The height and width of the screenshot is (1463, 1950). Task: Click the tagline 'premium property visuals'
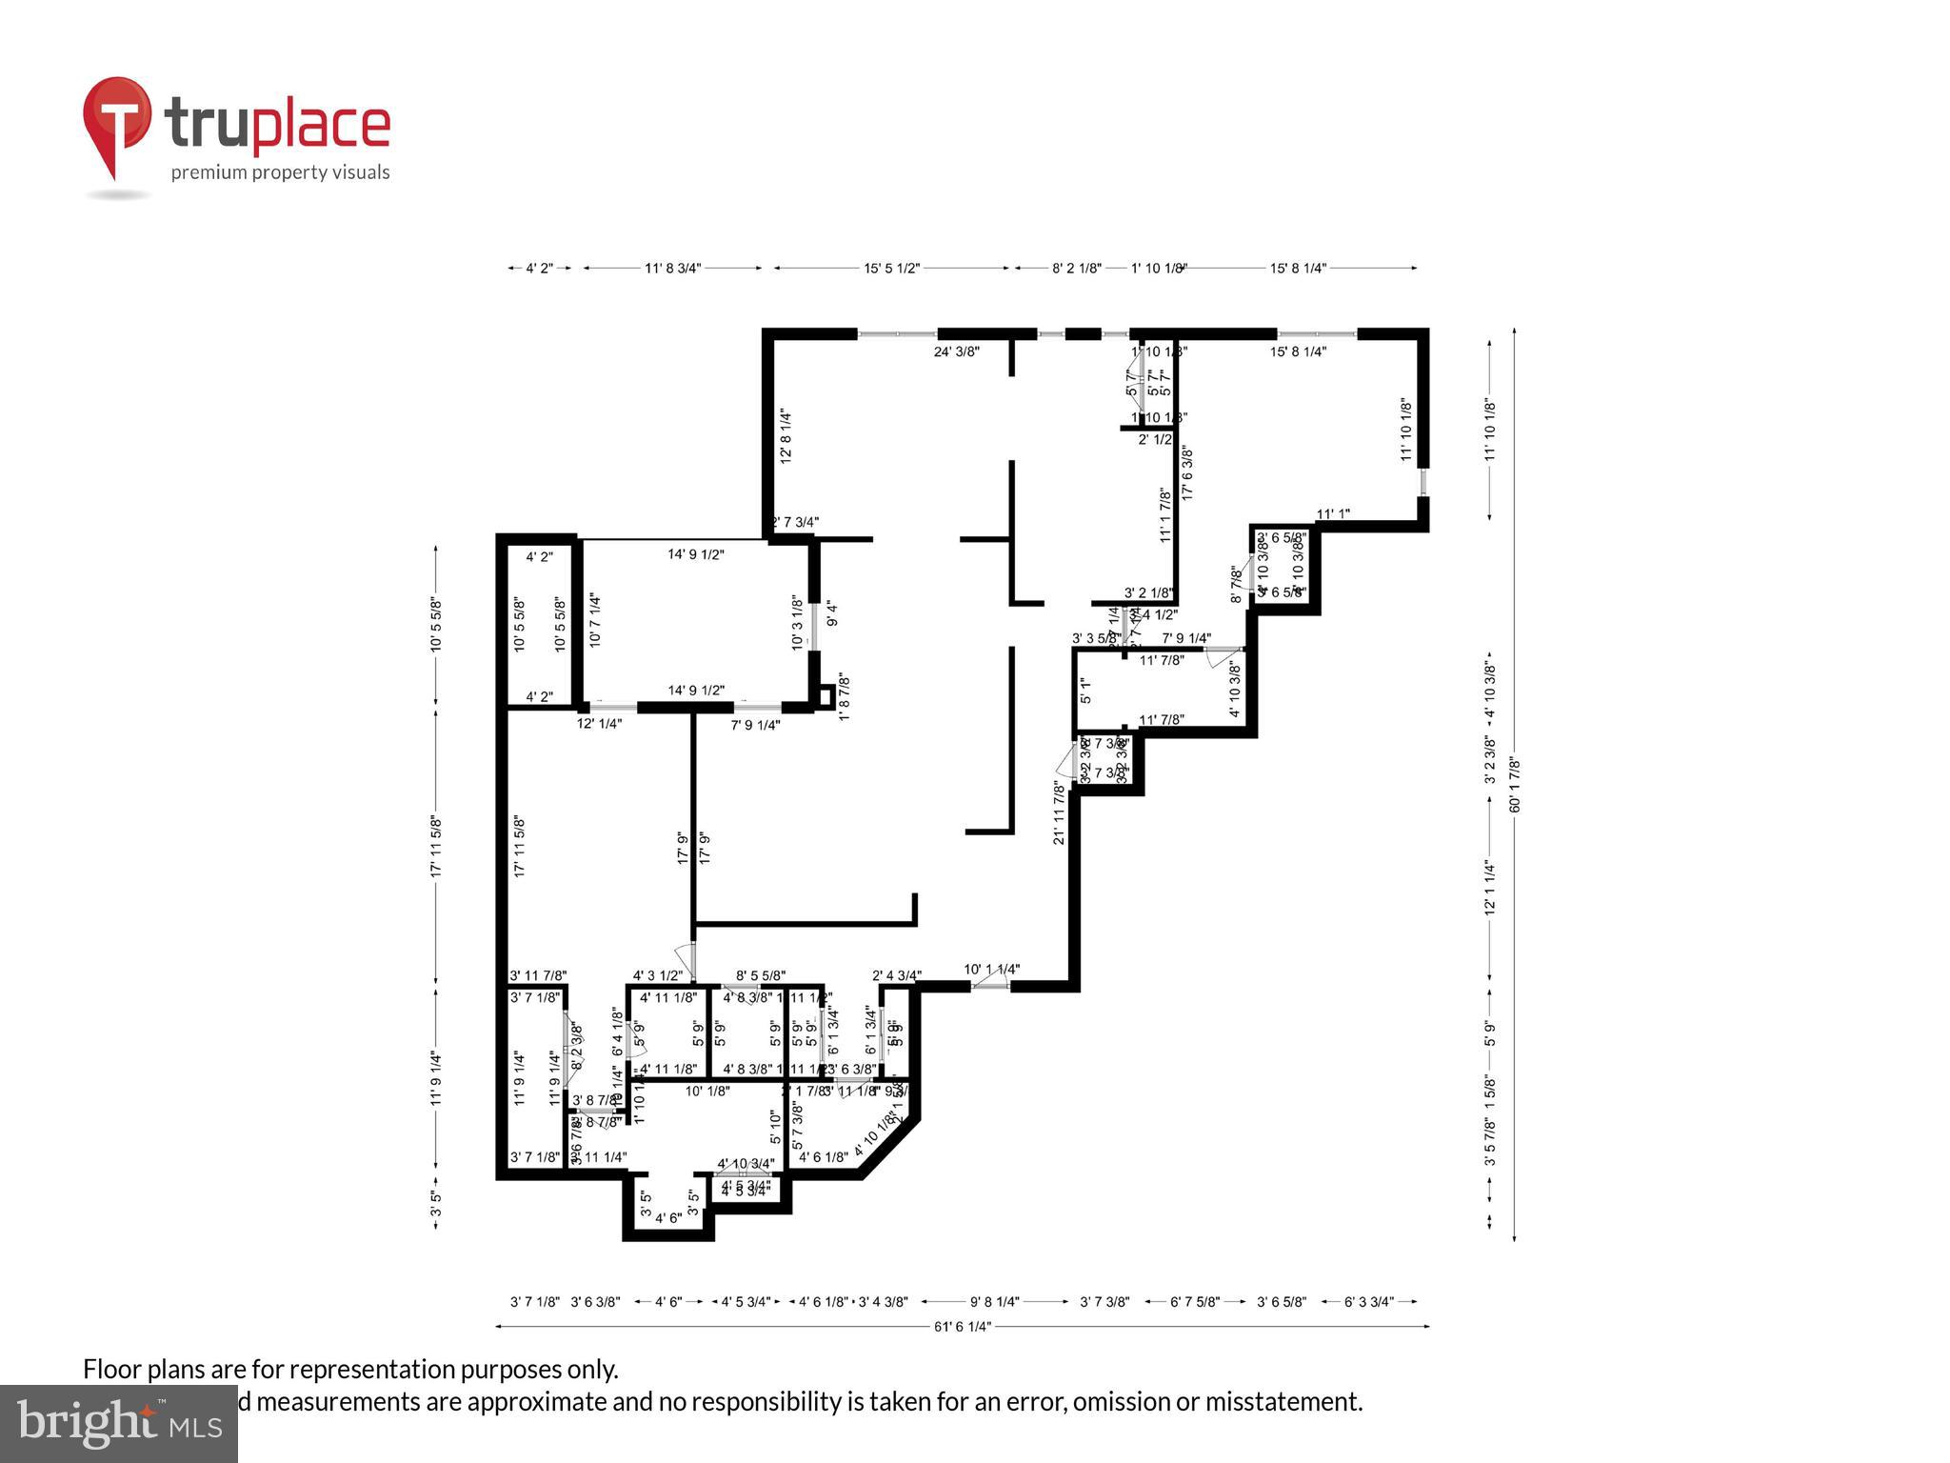[x=280, y=172]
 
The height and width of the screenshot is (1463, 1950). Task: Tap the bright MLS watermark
[x=118, y=1423]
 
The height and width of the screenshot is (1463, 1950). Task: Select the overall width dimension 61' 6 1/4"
[x=963, y=1326]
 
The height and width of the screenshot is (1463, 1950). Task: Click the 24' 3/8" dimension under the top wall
[x=956, y=351]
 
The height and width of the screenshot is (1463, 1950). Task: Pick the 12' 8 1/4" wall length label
[x=786, y=436]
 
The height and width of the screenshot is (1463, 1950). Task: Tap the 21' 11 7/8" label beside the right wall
[x=1059, y=812]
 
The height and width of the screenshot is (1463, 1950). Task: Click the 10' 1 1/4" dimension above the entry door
[x=991, y=970]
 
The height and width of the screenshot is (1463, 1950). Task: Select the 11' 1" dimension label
[x=1333, y=514]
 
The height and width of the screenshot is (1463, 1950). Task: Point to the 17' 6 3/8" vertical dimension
[x=1186, y=474]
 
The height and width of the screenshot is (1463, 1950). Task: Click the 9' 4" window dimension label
[x=832, y=613]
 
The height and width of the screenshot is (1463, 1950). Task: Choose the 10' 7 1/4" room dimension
[x=595, y=621]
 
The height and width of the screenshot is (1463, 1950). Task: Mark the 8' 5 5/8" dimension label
[x=760, y=975]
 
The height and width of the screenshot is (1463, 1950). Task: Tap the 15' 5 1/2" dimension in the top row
[x=891, y=269]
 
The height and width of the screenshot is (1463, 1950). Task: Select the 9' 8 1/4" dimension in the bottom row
[x=994, y=1301]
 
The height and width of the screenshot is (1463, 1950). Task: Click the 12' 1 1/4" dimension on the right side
[x=1490, y=888]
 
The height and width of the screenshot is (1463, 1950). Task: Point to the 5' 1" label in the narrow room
[x=1084, y=691]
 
